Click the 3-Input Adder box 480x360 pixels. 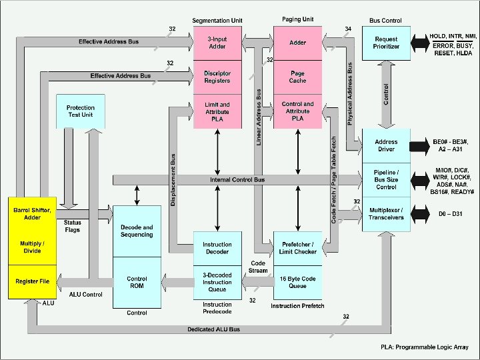[x=217, y=43]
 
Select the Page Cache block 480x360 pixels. [x=298, y=77]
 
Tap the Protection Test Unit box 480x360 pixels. [x=81, y=111]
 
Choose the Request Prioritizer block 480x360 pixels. [x=386, y=43]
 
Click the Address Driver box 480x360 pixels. [x=386, y=146]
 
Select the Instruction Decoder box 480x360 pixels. [x=217, y=249]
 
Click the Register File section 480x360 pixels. [x=32, y=282]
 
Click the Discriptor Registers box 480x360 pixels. [x=217, y=77]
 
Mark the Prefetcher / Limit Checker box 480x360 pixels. [x=298, y=249]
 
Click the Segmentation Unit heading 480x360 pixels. [x=217, y=21]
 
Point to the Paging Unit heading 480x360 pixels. [x=298, y=21]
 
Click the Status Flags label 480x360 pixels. [x=73, y=226]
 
